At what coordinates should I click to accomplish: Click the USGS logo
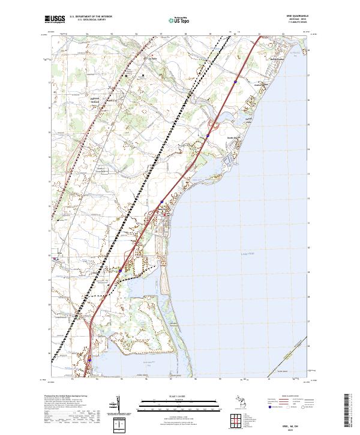(55, 20)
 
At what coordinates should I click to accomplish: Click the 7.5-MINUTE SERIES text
(294, 24)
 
